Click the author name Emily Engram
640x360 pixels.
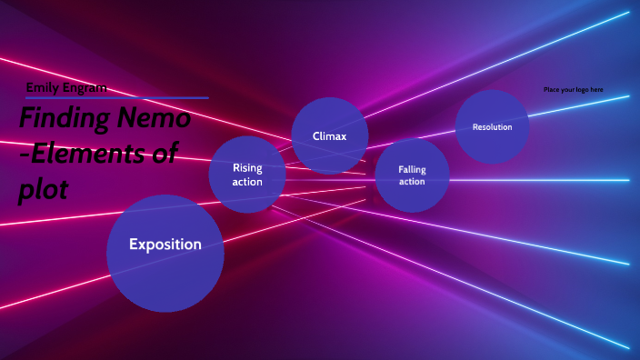coord(66,87)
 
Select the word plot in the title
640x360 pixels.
coord(43,188)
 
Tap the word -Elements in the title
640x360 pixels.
coord(83,153)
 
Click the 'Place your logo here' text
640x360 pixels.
coord(573,90)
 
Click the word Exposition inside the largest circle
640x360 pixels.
coord(165,244)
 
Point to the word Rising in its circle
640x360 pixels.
coord(247,167)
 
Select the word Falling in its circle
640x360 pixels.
coord(412,169)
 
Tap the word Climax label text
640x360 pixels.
coord(330,136)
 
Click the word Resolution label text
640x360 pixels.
coord(492,127)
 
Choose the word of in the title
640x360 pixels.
coord(165,153)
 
